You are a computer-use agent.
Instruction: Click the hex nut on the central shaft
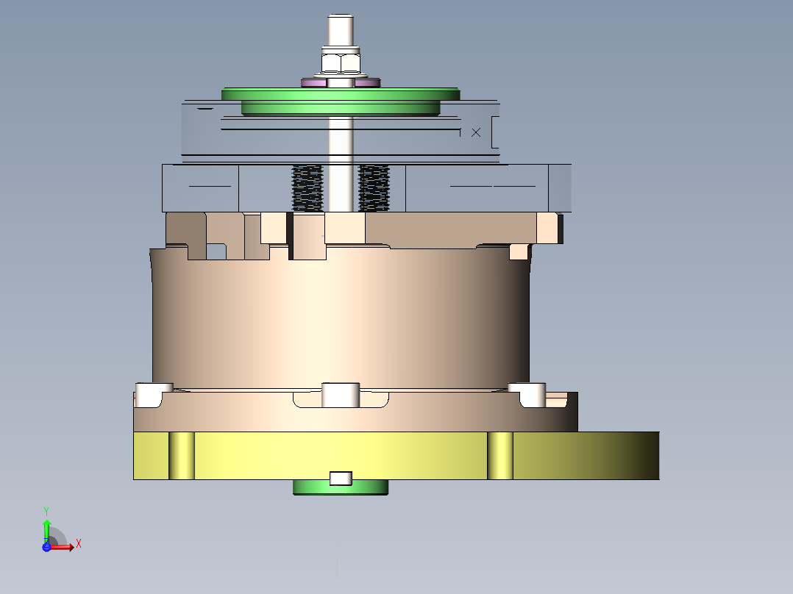(x=340, y=62)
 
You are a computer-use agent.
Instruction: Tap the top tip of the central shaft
(x=339, y=18)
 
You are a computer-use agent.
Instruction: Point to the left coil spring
(x=307, y=188)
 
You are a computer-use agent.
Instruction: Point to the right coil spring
(x=374, y=188)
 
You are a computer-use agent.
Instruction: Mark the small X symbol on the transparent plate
(x=476, y=132)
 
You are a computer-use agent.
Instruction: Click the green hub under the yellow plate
(x=309, y=487)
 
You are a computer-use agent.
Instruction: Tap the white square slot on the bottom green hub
(x=340, y=479)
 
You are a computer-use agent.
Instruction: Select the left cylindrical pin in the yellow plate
(x=182, y=456)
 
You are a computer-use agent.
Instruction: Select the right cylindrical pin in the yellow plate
(x=500, y=456)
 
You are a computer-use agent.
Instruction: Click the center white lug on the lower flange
(x=341, y=395)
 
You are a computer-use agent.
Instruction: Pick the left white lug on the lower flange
(x=154, y=395)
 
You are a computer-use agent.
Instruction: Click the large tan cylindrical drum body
(x=340, y=316)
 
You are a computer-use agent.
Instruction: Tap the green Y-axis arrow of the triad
(x=46, y=527)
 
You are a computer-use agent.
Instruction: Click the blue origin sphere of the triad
(x=46, y=546)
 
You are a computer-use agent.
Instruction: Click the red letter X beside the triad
(x=79, y=543)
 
